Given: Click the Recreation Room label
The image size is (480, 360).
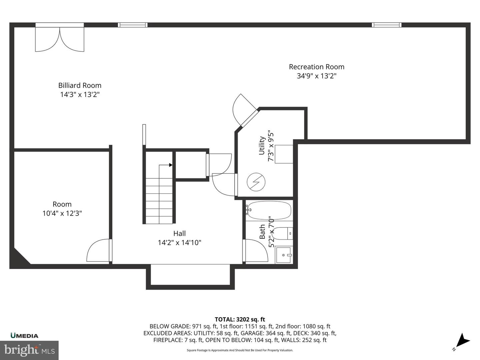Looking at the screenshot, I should point(316,67).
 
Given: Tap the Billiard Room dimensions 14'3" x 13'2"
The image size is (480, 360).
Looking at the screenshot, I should point(80,94).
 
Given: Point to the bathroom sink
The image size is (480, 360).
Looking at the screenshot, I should point(283,255).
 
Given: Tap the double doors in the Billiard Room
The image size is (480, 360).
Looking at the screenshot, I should point(60,38).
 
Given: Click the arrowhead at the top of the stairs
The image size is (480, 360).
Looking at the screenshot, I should point(170,165).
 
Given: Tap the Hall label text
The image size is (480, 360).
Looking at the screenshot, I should point(179,233).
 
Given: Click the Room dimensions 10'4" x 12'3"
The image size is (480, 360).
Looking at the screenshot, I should point(62,213).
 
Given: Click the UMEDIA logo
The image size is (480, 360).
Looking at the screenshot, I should point(24,336).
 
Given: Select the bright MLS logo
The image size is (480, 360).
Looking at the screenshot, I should point(29,350).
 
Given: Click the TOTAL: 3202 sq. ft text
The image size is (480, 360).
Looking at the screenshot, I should point(240,319).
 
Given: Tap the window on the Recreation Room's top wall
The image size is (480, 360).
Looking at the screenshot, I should point(387,25).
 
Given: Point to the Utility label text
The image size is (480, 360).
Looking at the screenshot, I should point(262,145).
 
